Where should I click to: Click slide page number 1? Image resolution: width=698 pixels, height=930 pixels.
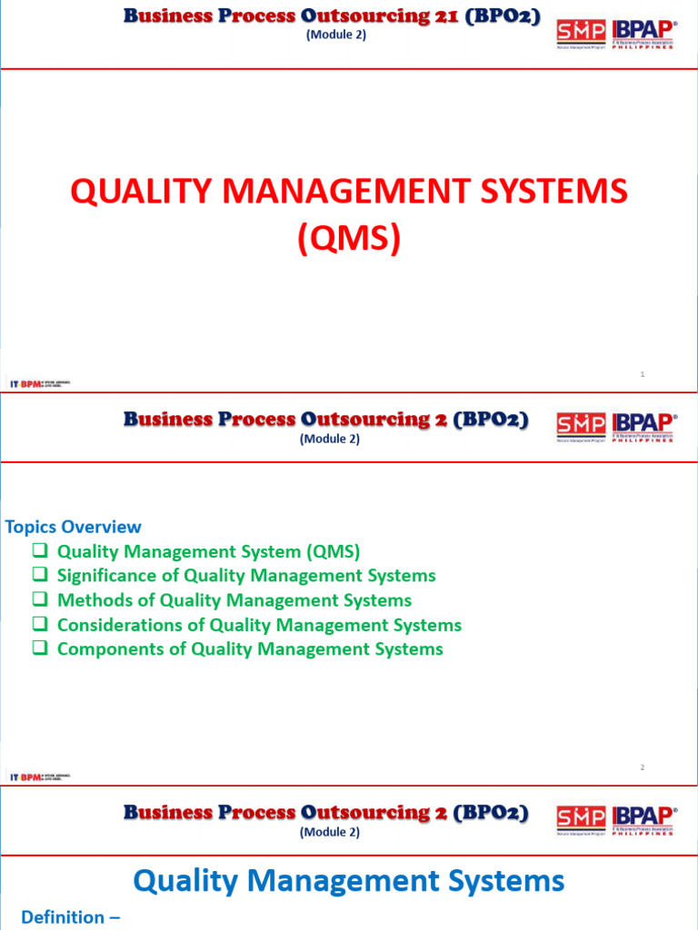point(643,374)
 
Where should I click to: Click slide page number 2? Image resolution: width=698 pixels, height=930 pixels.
point(643,767)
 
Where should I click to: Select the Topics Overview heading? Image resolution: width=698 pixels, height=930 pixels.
point(74,527)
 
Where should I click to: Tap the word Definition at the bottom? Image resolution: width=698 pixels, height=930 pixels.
point(63,917)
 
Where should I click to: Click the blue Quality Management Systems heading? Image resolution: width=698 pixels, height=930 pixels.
point(349,880)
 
